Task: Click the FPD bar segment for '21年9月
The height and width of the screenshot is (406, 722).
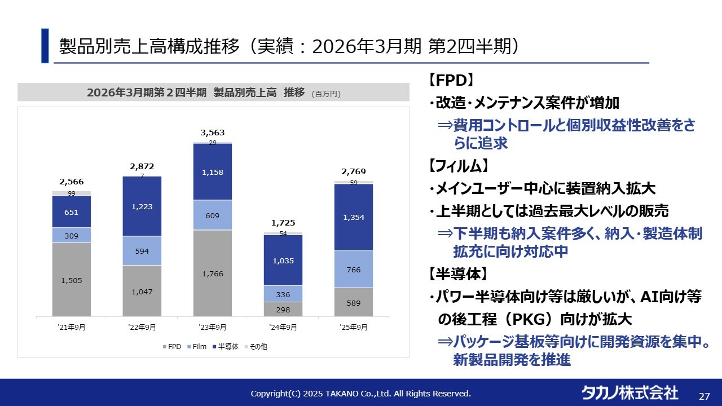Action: pyautogui.click(x=72, y=279)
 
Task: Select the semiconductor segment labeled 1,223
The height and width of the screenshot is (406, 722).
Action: pyautogui.click(x=142, y=206)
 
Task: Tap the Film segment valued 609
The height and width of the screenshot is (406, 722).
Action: pyautogui.click(x=213, y=215)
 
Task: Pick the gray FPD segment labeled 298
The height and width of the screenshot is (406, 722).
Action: pyautogui.click(x=283, y=309)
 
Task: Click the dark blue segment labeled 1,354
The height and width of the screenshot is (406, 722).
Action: pyautogui.click(x=354, y=217)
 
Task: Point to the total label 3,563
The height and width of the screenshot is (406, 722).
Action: pyautogui.click(x=213, y=133)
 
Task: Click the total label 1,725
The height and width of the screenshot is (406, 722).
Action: pyautogui.click(x=283, y=223)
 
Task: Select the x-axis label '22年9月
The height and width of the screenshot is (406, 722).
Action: pyautogui.click(x=142, y=327)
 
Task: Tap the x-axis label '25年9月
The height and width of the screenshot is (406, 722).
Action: pyautogui.click(x=354, y=327)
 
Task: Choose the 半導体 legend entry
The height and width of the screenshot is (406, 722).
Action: pyautogui.click(x=225, y=347)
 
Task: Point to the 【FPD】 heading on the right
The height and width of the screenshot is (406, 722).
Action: pyautogui.click(x=450, y=80)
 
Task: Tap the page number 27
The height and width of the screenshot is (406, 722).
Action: pyautogui.click(x=705, y=396)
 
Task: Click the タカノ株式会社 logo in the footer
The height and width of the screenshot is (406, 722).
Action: pyautogui.click(x=629, y=392)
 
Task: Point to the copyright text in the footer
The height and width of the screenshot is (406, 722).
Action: pyautogui.click(x=360, y=394)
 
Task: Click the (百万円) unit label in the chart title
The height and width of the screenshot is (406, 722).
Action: pyautogui.click(x=327, y=94)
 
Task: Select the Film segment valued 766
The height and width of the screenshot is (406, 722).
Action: pyautogui.click(x=354, y=270)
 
